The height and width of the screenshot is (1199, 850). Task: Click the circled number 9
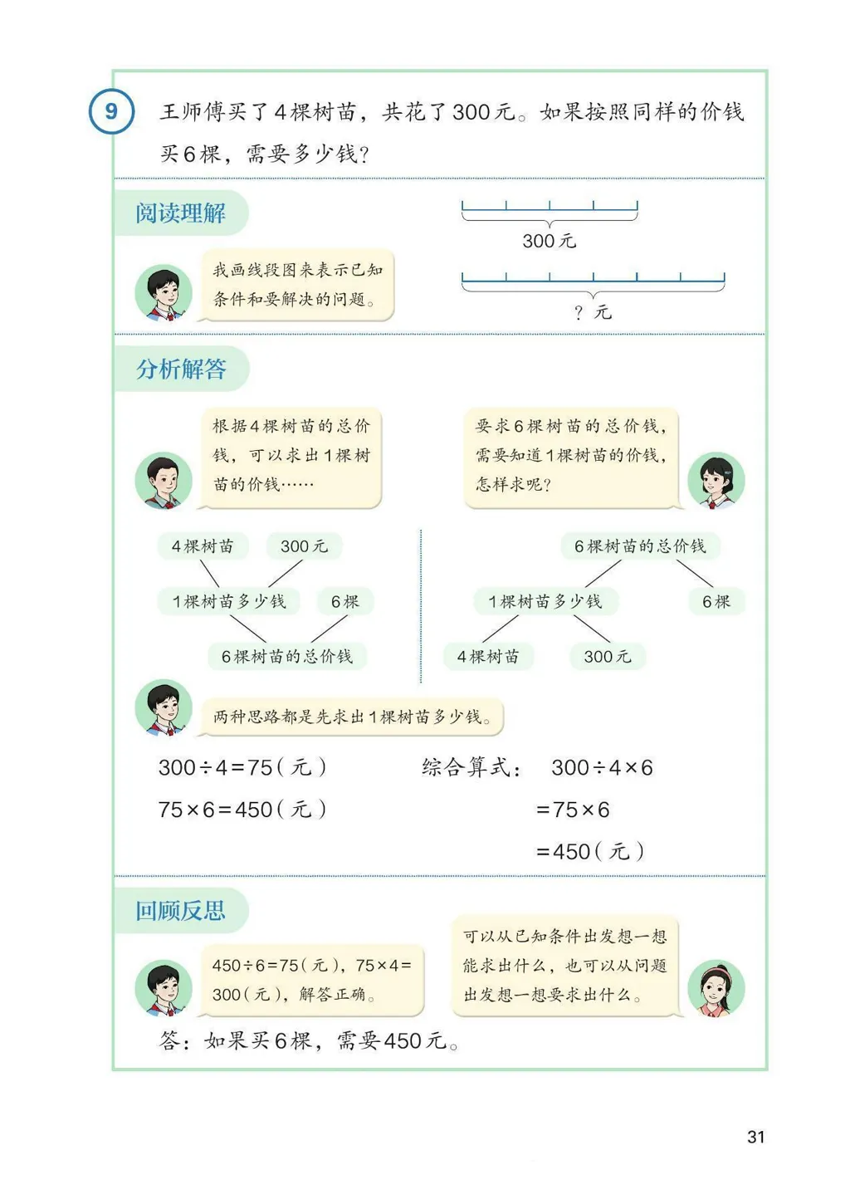111,111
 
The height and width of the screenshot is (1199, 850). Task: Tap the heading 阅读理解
180,213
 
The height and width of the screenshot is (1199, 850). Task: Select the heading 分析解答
181,369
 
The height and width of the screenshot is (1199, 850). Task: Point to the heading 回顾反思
180,911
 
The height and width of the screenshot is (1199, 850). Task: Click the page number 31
755,1137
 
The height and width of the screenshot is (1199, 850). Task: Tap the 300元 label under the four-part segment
549,241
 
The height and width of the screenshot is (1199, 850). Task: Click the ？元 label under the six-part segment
593,312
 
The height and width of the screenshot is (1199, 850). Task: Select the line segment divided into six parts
593,280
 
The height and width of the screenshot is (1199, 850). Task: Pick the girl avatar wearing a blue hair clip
716,480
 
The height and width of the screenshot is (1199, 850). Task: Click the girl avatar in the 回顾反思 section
716,988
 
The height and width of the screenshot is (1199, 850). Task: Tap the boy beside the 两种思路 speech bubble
164,707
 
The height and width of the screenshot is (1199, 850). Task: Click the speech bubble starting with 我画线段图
296,285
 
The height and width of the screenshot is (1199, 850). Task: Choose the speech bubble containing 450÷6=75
312,980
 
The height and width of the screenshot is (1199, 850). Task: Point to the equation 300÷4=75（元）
242,767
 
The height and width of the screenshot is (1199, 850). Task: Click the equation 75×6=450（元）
242,809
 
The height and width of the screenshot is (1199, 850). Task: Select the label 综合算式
471,767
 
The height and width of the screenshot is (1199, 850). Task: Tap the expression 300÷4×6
602,767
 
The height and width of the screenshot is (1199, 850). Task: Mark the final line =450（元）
590,851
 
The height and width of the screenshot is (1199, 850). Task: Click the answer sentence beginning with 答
308,1040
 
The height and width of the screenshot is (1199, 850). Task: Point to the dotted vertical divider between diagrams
421,606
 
